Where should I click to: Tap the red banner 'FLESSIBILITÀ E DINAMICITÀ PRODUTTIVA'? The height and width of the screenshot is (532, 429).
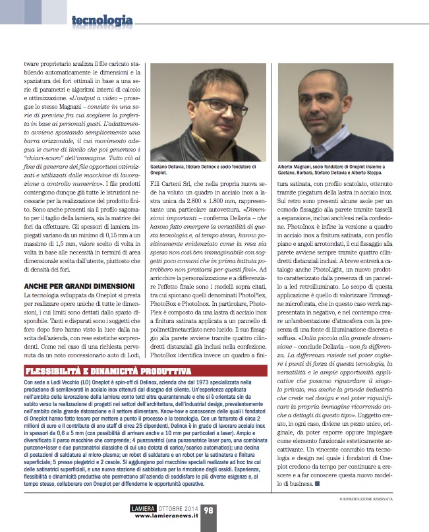click(105, 370)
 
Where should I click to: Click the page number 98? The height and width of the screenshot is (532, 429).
click(208, 510)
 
